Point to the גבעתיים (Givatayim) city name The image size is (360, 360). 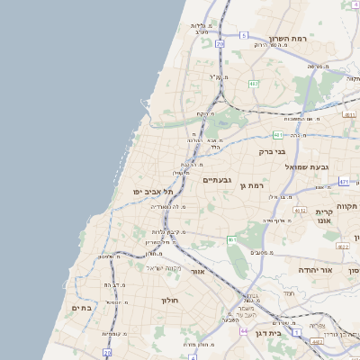(217, 180)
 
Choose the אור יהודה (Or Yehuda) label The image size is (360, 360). (338, 270)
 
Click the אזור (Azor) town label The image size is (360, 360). (199, 270)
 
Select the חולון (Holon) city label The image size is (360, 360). (171, 300)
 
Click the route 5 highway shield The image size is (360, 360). (243, 36)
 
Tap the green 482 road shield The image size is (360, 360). (254, 84)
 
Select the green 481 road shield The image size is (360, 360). (279, 135)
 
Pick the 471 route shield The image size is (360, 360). (344, 181)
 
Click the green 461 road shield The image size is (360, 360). (231, 239)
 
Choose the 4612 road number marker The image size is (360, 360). (300, 210)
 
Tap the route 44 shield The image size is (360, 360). (243, 330)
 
